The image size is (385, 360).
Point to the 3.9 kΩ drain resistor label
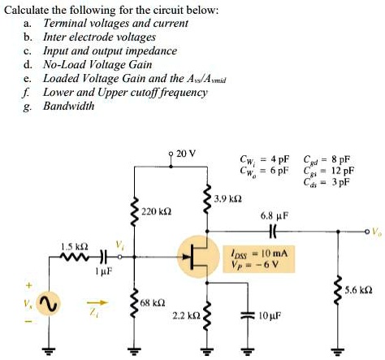point(227,198)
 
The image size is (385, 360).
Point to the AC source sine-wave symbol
point(47,303)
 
